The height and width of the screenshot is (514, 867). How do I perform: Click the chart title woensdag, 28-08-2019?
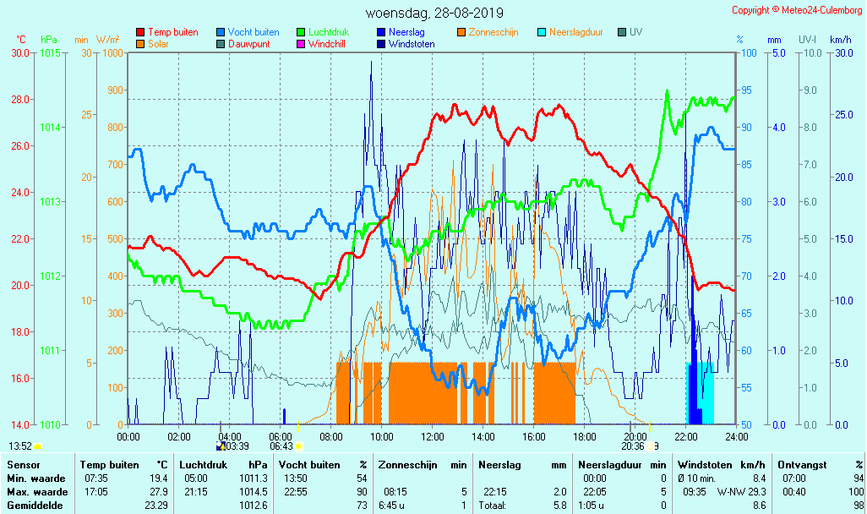(x=434, y=14)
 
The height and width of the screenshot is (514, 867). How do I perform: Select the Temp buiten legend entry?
(x=172, y=32)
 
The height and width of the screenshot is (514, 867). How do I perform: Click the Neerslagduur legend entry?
(x=575, y=32)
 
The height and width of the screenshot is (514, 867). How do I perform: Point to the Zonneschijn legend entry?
(x=493, y=32)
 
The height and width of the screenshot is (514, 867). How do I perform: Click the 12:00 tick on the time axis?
(x=433, y=436)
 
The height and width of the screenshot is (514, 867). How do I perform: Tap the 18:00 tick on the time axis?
(x=585, y=436)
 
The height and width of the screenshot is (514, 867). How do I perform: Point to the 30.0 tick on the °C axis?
(x=20, y=53)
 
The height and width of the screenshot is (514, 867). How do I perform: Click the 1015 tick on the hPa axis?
(x=50, y=53)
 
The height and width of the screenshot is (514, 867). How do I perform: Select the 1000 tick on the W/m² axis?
(x=112, y=53)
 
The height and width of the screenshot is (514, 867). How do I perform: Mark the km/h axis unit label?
(x=840, y=40)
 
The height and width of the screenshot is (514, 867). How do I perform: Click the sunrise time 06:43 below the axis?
(x=281, y=446)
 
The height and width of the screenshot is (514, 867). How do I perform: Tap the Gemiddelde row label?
(x=37, y=506)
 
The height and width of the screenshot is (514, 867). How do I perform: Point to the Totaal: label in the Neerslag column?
(x=492, y=506)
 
